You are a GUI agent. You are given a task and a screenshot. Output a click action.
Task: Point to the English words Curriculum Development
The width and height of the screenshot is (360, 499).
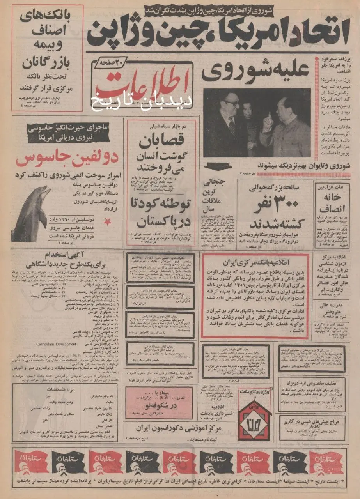click(57, 345)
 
